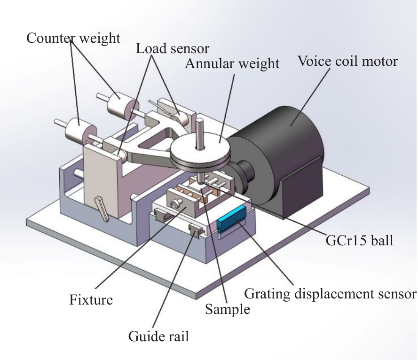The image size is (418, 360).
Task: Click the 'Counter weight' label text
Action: [x=73, y=38]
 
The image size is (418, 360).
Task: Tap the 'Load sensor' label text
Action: [x=173, y=48]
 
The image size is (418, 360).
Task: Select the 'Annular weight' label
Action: [x=232, y=63]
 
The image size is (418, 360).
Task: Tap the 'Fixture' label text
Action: [x=91, y=299]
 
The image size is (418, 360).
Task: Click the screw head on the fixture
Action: [x=176, y=203]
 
